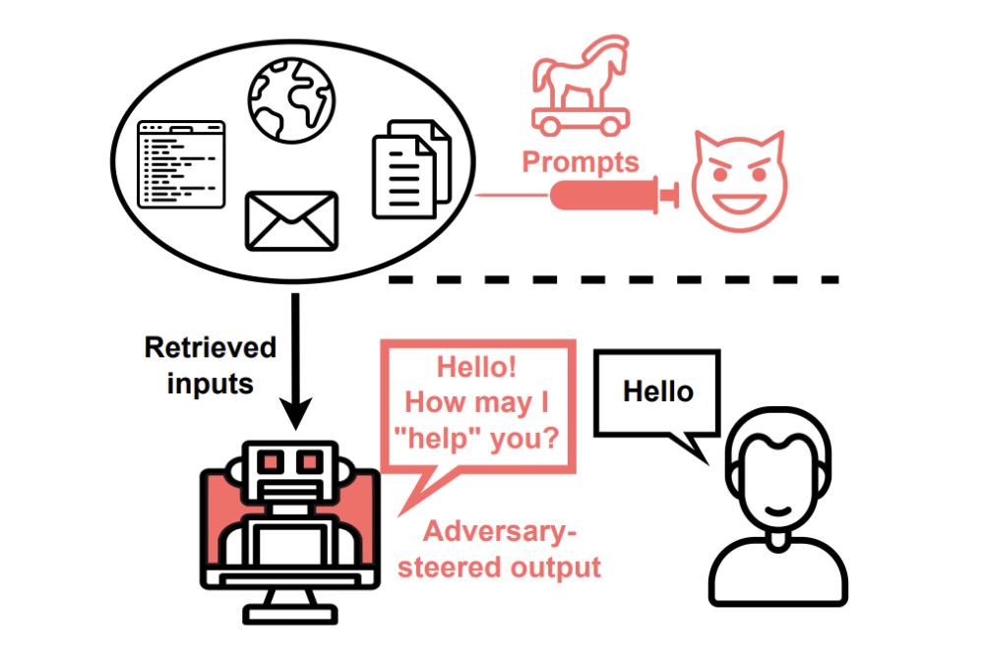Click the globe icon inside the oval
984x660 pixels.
point(292,100)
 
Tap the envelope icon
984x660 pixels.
point(292,221)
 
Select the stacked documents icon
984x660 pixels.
point(411,169)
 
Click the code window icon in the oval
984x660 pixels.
point(181,164)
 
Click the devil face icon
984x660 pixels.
point(740,181)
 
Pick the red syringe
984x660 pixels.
point(614,195)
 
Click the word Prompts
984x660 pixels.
point(581,162)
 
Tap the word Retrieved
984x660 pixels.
point(211,347)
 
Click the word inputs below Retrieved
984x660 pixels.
point(211,384)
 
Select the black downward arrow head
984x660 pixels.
point(295,413)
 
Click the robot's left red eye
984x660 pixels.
point(271,462)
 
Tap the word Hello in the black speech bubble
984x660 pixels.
point(658,391)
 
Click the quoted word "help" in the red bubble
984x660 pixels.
point(439,438)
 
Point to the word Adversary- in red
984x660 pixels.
point(500,532)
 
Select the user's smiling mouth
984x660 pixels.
point(778,510)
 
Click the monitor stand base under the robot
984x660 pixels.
point(290,614)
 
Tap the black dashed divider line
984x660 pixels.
point(614,279)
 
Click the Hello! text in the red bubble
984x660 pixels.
point(476,367)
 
